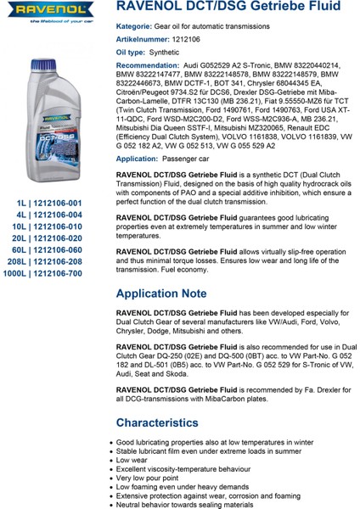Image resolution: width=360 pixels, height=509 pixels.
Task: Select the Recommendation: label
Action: [152, 64]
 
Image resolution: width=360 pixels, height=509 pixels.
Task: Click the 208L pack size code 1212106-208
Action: [53, 239]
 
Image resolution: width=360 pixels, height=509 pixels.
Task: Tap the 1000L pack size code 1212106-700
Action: [52, 251]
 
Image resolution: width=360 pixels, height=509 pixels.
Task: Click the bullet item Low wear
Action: [137, 459]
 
